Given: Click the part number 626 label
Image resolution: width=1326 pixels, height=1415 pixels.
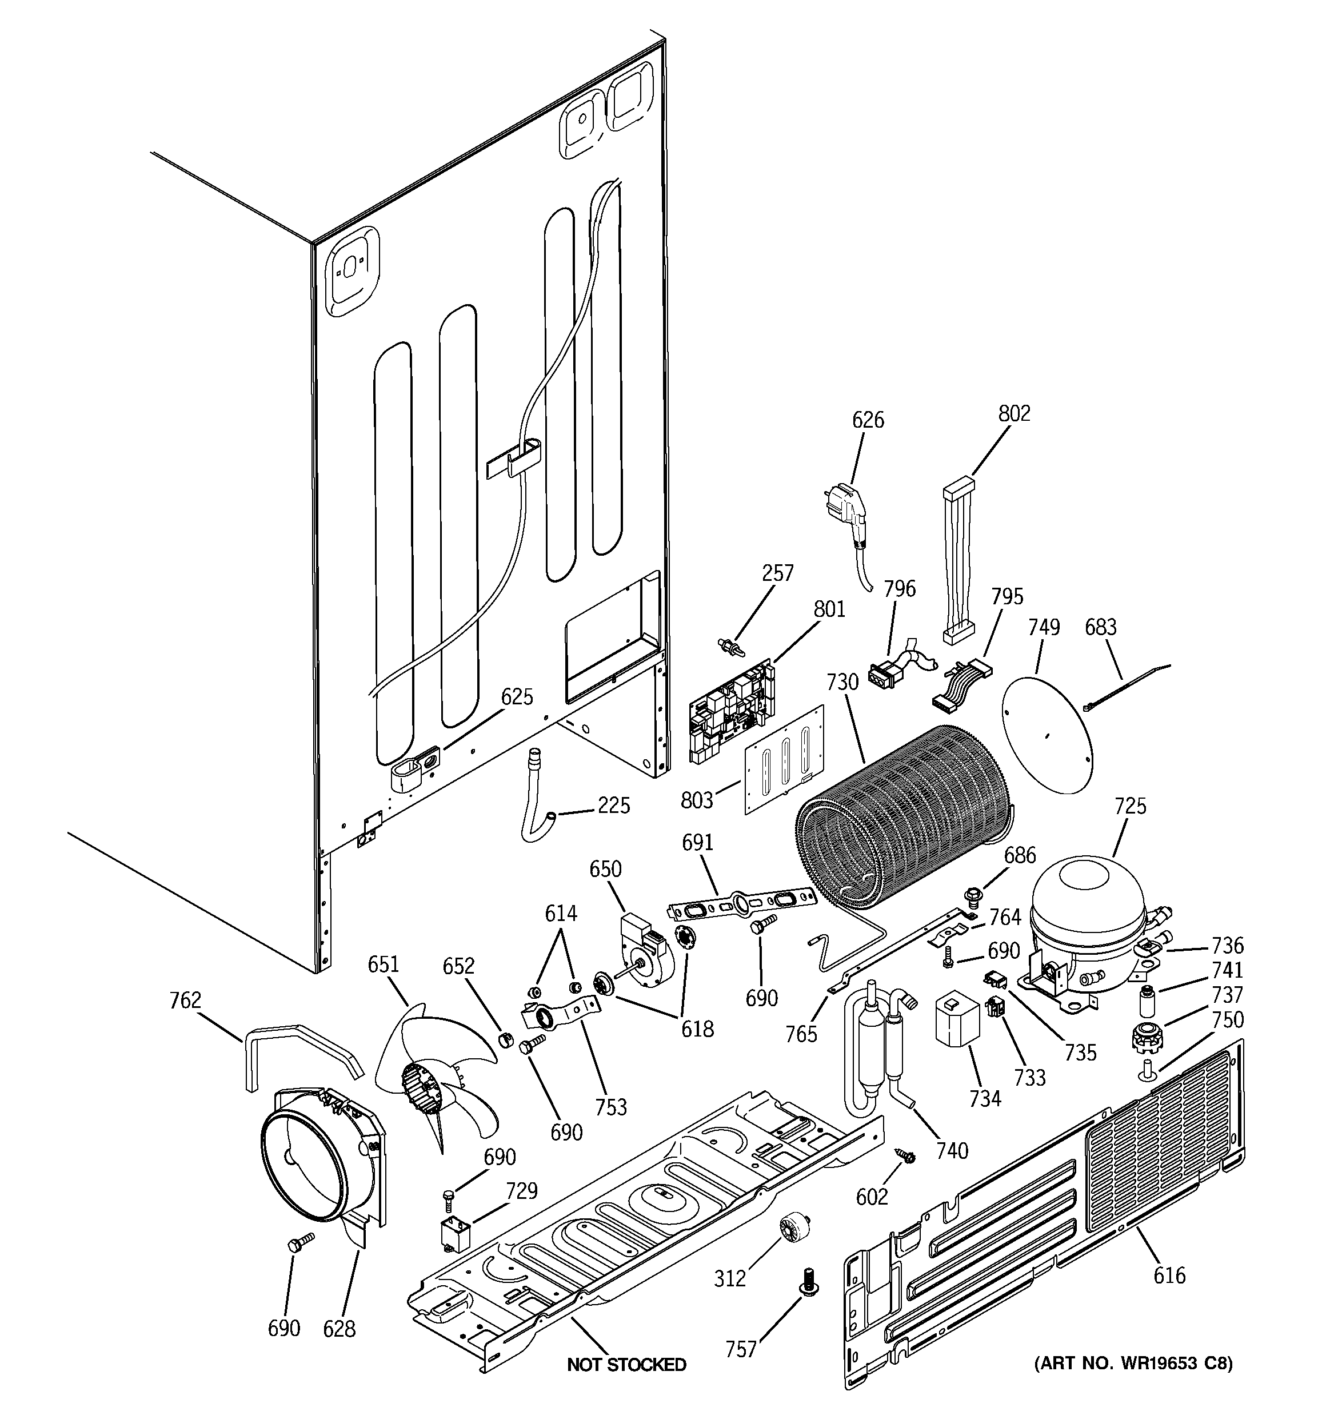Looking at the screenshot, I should (868, 420).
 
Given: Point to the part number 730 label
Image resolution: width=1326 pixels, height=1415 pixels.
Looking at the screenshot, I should (842, 682).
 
